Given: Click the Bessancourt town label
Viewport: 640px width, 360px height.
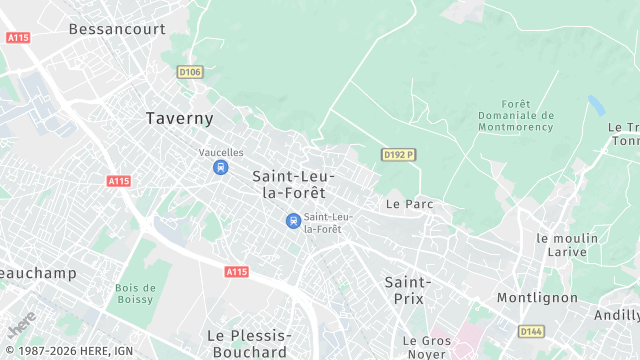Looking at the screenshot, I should point(117,29).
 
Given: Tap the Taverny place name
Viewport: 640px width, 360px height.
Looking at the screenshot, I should point(180,118).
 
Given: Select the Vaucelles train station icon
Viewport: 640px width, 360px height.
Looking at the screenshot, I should point(219,167).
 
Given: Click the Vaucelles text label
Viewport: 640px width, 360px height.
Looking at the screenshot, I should point(221,152).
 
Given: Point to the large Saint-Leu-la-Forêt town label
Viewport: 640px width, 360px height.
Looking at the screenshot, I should point(293,184).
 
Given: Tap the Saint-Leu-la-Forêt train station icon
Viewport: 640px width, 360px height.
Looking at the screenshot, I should point(293,221).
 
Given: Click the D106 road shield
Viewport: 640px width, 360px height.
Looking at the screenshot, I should point(190,72).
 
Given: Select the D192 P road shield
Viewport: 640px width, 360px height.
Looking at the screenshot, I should point(398,154).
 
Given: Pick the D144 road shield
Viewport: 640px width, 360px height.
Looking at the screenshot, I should point(531,331).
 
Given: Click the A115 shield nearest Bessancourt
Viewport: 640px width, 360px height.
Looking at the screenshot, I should point(18,37).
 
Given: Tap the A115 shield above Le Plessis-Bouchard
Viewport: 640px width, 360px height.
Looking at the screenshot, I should point(236,272).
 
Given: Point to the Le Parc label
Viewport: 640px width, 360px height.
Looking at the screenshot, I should point(408,204).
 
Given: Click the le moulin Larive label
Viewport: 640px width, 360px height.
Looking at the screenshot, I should point(567,245).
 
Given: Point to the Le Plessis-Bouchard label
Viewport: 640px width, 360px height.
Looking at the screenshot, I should point(249,343).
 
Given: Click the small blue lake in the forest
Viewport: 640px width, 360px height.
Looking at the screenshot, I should point(596,105).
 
